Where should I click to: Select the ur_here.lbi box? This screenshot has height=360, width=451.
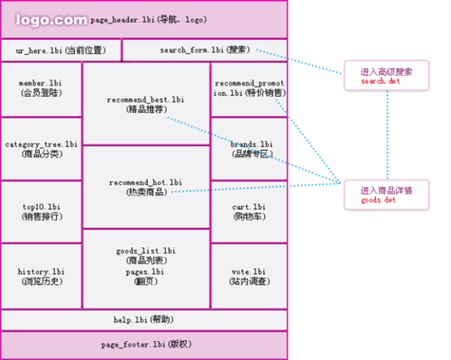tap(60, 50)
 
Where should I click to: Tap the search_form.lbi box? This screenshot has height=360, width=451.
tap(205, 50)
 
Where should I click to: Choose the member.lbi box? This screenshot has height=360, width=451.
tap(41, 88)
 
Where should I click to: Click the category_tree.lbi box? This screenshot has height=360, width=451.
tap(41, 149)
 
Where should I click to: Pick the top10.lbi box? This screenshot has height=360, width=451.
tap(41, 211)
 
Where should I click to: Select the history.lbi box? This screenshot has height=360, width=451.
tap(41, 276)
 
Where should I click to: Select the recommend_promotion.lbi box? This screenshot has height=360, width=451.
tap(250, 88)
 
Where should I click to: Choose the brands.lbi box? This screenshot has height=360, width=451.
tap(250, 148)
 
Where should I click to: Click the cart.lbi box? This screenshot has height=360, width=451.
tap(250, 211)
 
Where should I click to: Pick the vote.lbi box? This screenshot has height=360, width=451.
tap(250, 276)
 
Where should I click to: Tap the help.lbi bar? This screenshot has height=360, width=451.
tap(144, 319)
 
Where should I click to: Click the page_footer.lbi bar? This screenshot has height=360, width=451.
tap(144, 345)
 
